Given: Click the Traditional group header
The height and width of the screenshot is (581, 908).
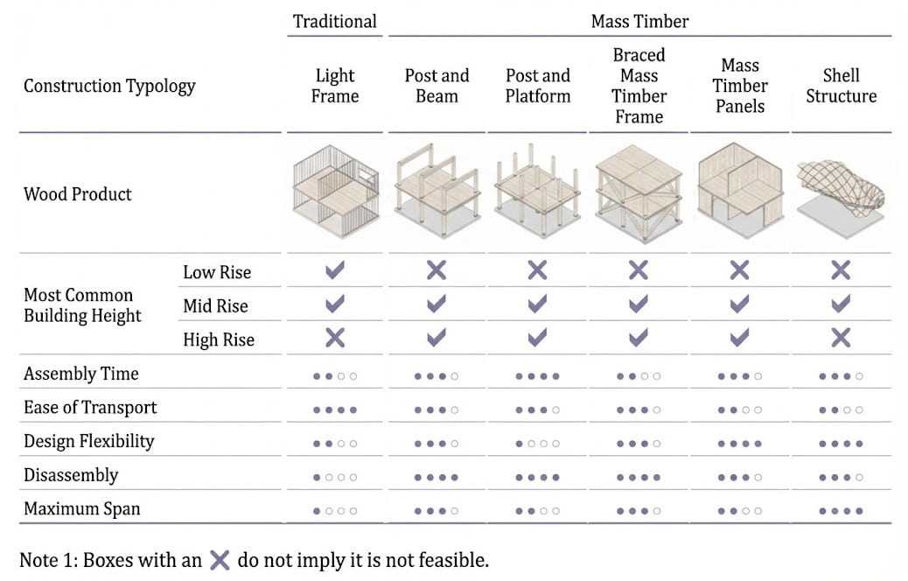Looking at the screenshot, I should pyautogui.click(x=335, y=21).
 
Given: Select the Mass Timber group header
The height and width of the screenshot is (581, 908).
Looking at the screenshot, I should pyautogui.click(x=640, y=21).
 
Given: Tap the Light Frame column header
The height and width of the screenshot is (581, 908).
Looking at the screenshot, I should pyautogui.click(x=335, y=86).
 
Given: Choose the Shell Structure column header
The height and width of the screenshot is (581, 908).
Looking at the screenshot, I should pyautogui.click(x=841, y=86).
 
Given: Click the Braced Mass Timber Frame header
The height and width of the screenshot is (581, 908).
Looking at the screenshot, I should pyautogui.click(x=639, y=86).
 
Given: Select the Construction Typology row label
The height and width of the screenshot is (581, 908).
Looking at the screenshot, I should pyautogui.click(x=109, y=86).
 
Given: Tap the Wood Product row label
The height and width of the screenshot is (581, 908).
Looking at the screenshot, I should pyautogui.click(x=78, y=193).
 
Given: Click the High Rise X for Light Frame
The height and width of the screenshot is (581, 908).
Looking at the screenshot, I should pyautogui.click(x=335, y=338).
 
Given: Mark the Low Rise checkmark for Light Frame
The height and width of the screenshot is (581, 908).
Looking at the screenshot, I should pyautogui.click(x=335, y=270).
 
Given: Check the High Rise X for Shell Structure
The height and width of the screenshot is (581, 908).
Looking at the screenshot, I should pyautogui.click(x=841, y=338).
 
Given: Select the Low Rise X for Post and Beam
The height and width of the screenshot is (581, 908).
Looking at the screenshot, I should pyautogui.click(x=437, y=270).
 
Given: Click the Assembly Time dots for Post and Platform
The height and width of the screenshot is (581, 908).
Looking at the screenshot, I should pyautogui.click(x=537, y=376).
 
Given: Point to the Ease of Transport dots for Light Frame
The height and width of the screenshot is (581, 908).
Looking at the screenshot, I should pyautogui.click(x=335, y=409).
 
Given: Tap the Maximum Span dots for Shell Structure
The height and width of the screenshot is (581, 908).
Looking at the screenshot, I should pyautogui.click(x=841, y=511).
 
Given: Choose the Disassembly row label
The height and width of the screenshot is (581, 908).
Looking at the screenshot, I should pyautogui.click(x=71, y=476).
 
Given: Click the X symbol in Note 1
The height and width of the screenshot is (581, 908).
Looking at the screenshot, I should pyautogui.click(x=220, y=560).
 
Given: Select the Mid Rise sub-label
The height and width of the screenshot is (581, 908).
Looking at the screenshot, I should pyautogui.click(x=215, y=305).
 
